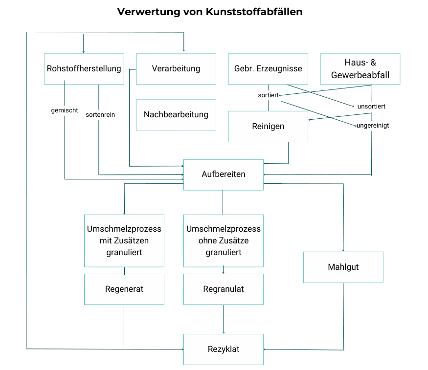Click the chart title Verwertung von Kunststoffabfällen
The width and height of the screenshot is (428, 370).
point(210,12)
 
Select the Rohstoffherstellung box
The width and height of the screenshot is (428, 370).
point(84,69)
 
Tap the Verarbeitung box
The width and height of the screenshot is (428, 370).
point(176,69)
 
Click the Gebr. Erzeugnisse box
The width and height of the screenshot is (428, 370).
point(268,69)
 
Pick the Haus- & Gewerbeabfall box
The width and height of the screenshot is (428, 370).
point(360,69)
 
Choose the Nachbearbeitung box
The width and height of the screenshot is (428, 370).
point(176,115)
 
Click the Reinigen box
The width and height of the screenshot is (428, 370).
point(268,127)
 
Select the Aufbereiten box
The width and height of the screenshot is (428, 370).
point(223,174)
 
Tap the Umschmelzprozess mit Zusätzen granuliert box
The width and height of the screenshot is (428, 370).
point(124,240)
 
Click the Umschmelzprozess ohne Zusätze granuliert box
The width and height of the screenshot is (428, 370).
point(223,240)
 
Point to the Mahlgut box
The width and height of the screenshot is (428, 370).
point(343,267)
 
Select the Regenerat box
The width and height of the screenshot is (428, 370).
point(124,289)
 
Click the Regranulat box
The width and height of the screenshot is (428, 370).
point(223,289)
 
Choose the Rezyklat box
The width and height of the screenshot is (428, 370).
point(223,349)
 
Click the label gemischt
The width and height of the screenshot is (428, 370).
point(65,110)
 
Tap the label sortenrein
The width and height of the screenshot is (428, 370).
point(100,115)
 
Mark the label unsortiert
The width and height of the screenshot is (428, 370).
point(372,106)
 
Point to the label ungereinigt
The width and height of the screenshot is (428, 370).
point(373,126)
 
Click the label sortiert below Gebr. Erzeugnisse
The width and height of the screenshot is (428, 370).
point(268,95)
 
